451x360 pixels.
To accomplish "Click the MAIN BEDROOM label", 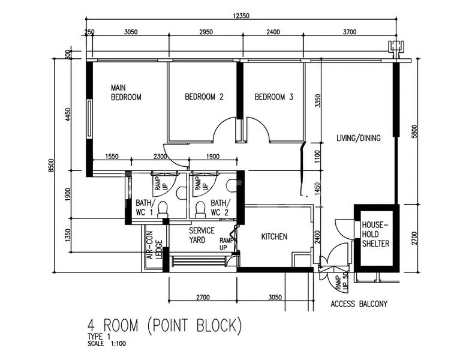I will [126, 92].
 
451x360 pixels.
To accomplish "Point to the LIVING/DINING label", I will [359, 138].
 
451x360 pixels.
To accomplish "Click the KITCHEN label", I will [274, 237].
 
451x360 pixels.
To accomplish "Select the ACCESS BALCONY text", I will [359, 304].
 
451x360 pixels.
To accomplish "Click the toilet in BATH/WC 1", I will [165, 209].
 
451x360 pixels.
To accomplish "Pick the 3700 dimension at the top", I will [349, 32].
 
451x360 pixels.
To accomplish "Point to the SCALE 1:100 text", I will [107, 344].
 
